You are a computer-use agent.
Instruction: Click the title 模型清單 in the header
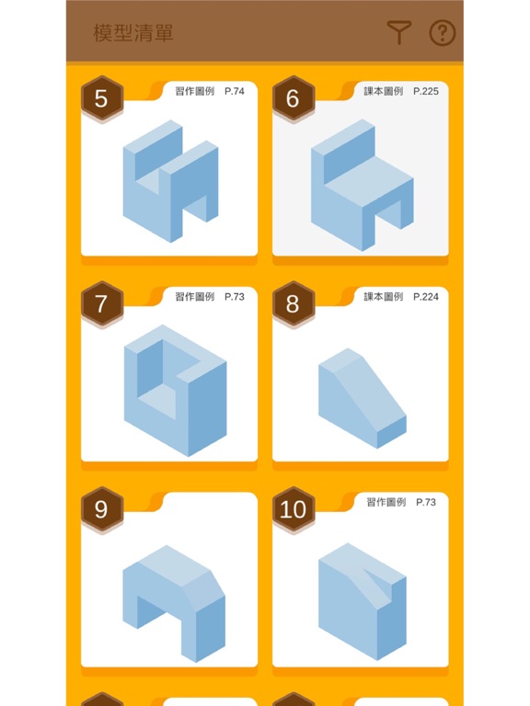(133, 33)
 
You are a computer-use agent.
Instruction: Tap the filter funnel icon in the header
(398, 34)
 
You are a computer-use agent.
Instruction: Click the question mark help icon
(443, 34)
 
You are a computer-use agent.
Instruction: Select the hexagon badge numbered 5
(102, 98)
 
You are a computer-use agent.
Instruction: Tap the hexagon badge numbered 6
(293, 98)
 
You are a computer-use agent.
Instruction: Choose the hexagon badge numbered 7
(102, 304)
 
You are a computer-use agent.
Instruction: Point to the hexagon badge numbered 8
(293, 304)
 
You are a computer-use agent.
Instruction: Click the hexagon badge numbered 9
(102, 509)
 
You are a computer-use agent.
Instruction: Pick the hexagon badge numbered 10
(293, 509)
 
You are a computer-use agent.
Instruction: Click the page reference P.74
(234, 91)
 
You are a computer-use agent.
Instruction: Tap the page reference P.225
(428, 91)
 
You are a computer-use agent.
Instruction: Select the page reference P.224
(428, 297)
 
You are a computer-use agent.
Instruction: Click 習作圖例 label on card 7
(194, 297)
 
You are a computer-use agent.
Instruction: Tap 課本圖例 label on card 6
(383, 91)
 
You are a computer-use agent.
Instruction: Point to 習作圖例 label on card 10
(386, 502)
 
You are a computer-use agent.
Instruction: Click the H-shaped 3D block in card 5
(170, 181)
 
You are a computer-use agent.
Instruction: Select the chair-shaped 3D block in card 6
(361, 184)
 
